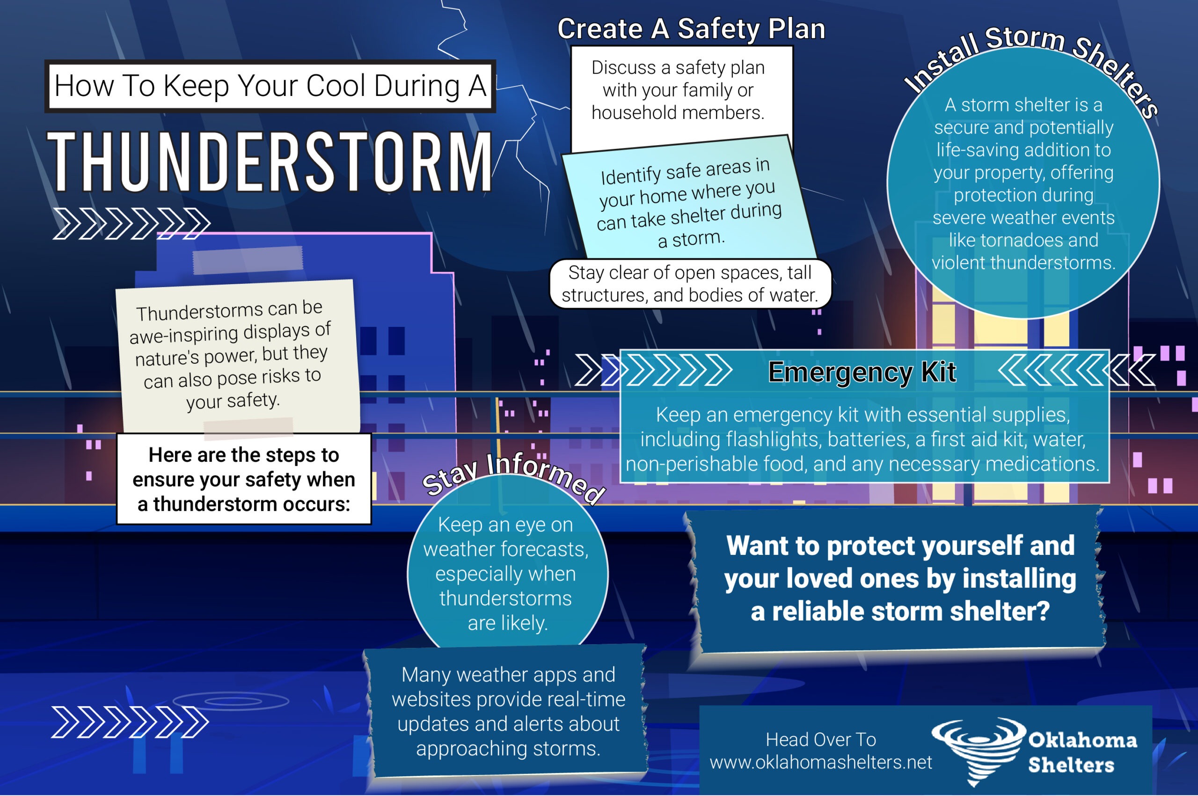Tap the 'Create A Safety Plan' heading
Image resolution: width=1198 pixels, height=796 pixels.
(x=691, y=29)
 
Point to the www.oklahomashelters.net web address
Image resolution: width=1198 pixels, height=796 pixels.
(x=820, y=762)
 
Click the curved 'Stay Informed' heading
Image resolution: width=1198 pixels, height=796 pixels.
(x=512, y=475)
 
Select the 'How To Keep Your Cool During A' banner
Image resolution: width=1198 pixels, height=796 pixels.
(x=270, y=86)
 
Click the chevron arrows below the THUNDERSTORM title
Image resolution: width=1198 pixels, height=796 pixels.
(x=131, y=223)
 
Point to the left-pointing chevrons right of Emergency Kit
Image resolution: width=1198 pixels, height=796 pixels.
(x=1076, y=370)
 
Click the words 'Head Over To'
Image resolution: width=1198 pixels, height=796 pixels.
(x=820, y=740)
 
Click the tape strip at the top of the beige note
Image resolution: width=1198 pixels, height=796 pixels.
(x=248, y=260)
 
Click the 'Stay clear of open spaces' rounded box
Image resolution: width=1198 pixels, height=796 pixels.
(x=690, y=284)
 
